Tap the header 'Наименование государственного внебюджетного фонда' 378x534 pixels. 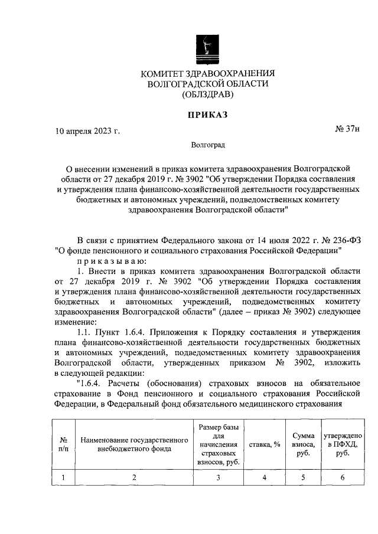(x=134, y=444)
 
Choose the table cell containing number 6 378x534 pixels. (x=338, y=478)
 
